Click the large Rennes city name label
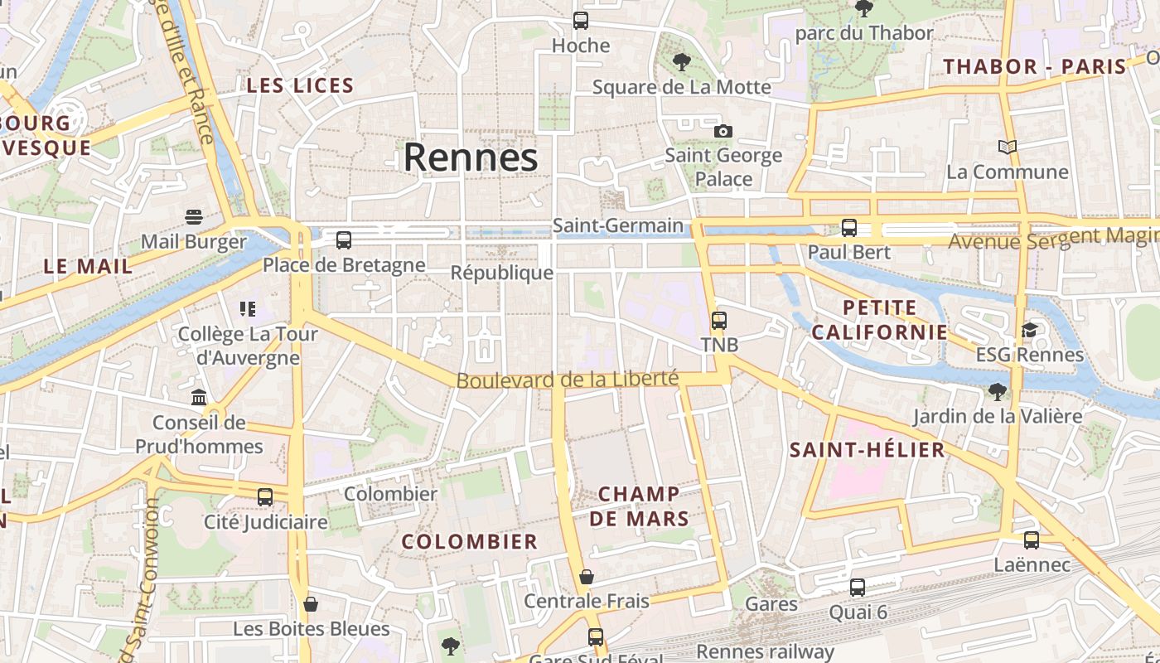471,157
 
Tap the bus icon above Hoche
581,21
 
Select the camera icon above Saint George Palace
723,131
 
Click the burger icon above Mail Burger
194,217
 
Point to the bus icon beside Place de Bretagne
344,240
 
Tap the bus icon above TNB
719,320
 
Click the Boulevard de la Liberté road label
568,380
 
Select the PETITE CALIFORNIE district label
879,320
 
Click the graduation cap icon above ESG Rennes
1029,330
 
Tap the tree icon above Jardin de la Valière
998,391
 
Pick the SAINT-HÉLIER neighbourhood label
867,450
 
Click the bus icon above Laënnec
1032,540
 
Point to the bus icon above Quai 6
858,588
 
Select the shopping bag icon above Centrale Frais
587,576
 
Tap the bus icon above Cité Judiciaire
265,497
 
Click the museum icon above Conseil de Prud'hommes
199,398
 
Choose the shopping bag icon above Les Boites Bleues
311,604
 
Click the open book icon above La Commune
1008,147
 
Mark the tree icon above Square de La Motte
682,61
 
